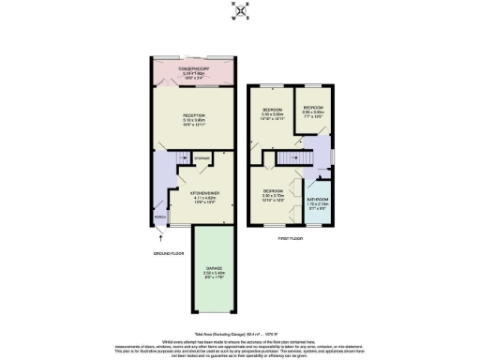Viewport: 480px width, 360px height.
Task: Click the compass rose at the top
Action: (x=240, y=12)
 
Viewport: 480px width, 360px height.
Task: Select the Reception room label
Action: (x=195, y=115)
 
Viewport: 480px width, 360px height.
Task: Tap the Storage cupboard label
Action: (x=202, y=158)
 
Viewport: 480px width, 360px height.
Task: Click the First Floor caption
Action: (x=290, y=238)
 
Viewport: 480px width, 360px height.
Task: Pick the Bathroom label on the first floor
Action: (x=318, y=199)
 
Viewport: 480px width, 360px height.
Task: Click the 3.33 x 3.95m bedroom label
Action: (x=273, y=110)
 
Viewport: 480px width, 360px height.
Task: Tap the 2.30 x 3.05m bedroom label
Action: (x=313, y=107)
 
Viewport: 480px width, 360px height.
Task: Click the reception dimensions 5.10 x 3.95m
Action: (x=195, y=120)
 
